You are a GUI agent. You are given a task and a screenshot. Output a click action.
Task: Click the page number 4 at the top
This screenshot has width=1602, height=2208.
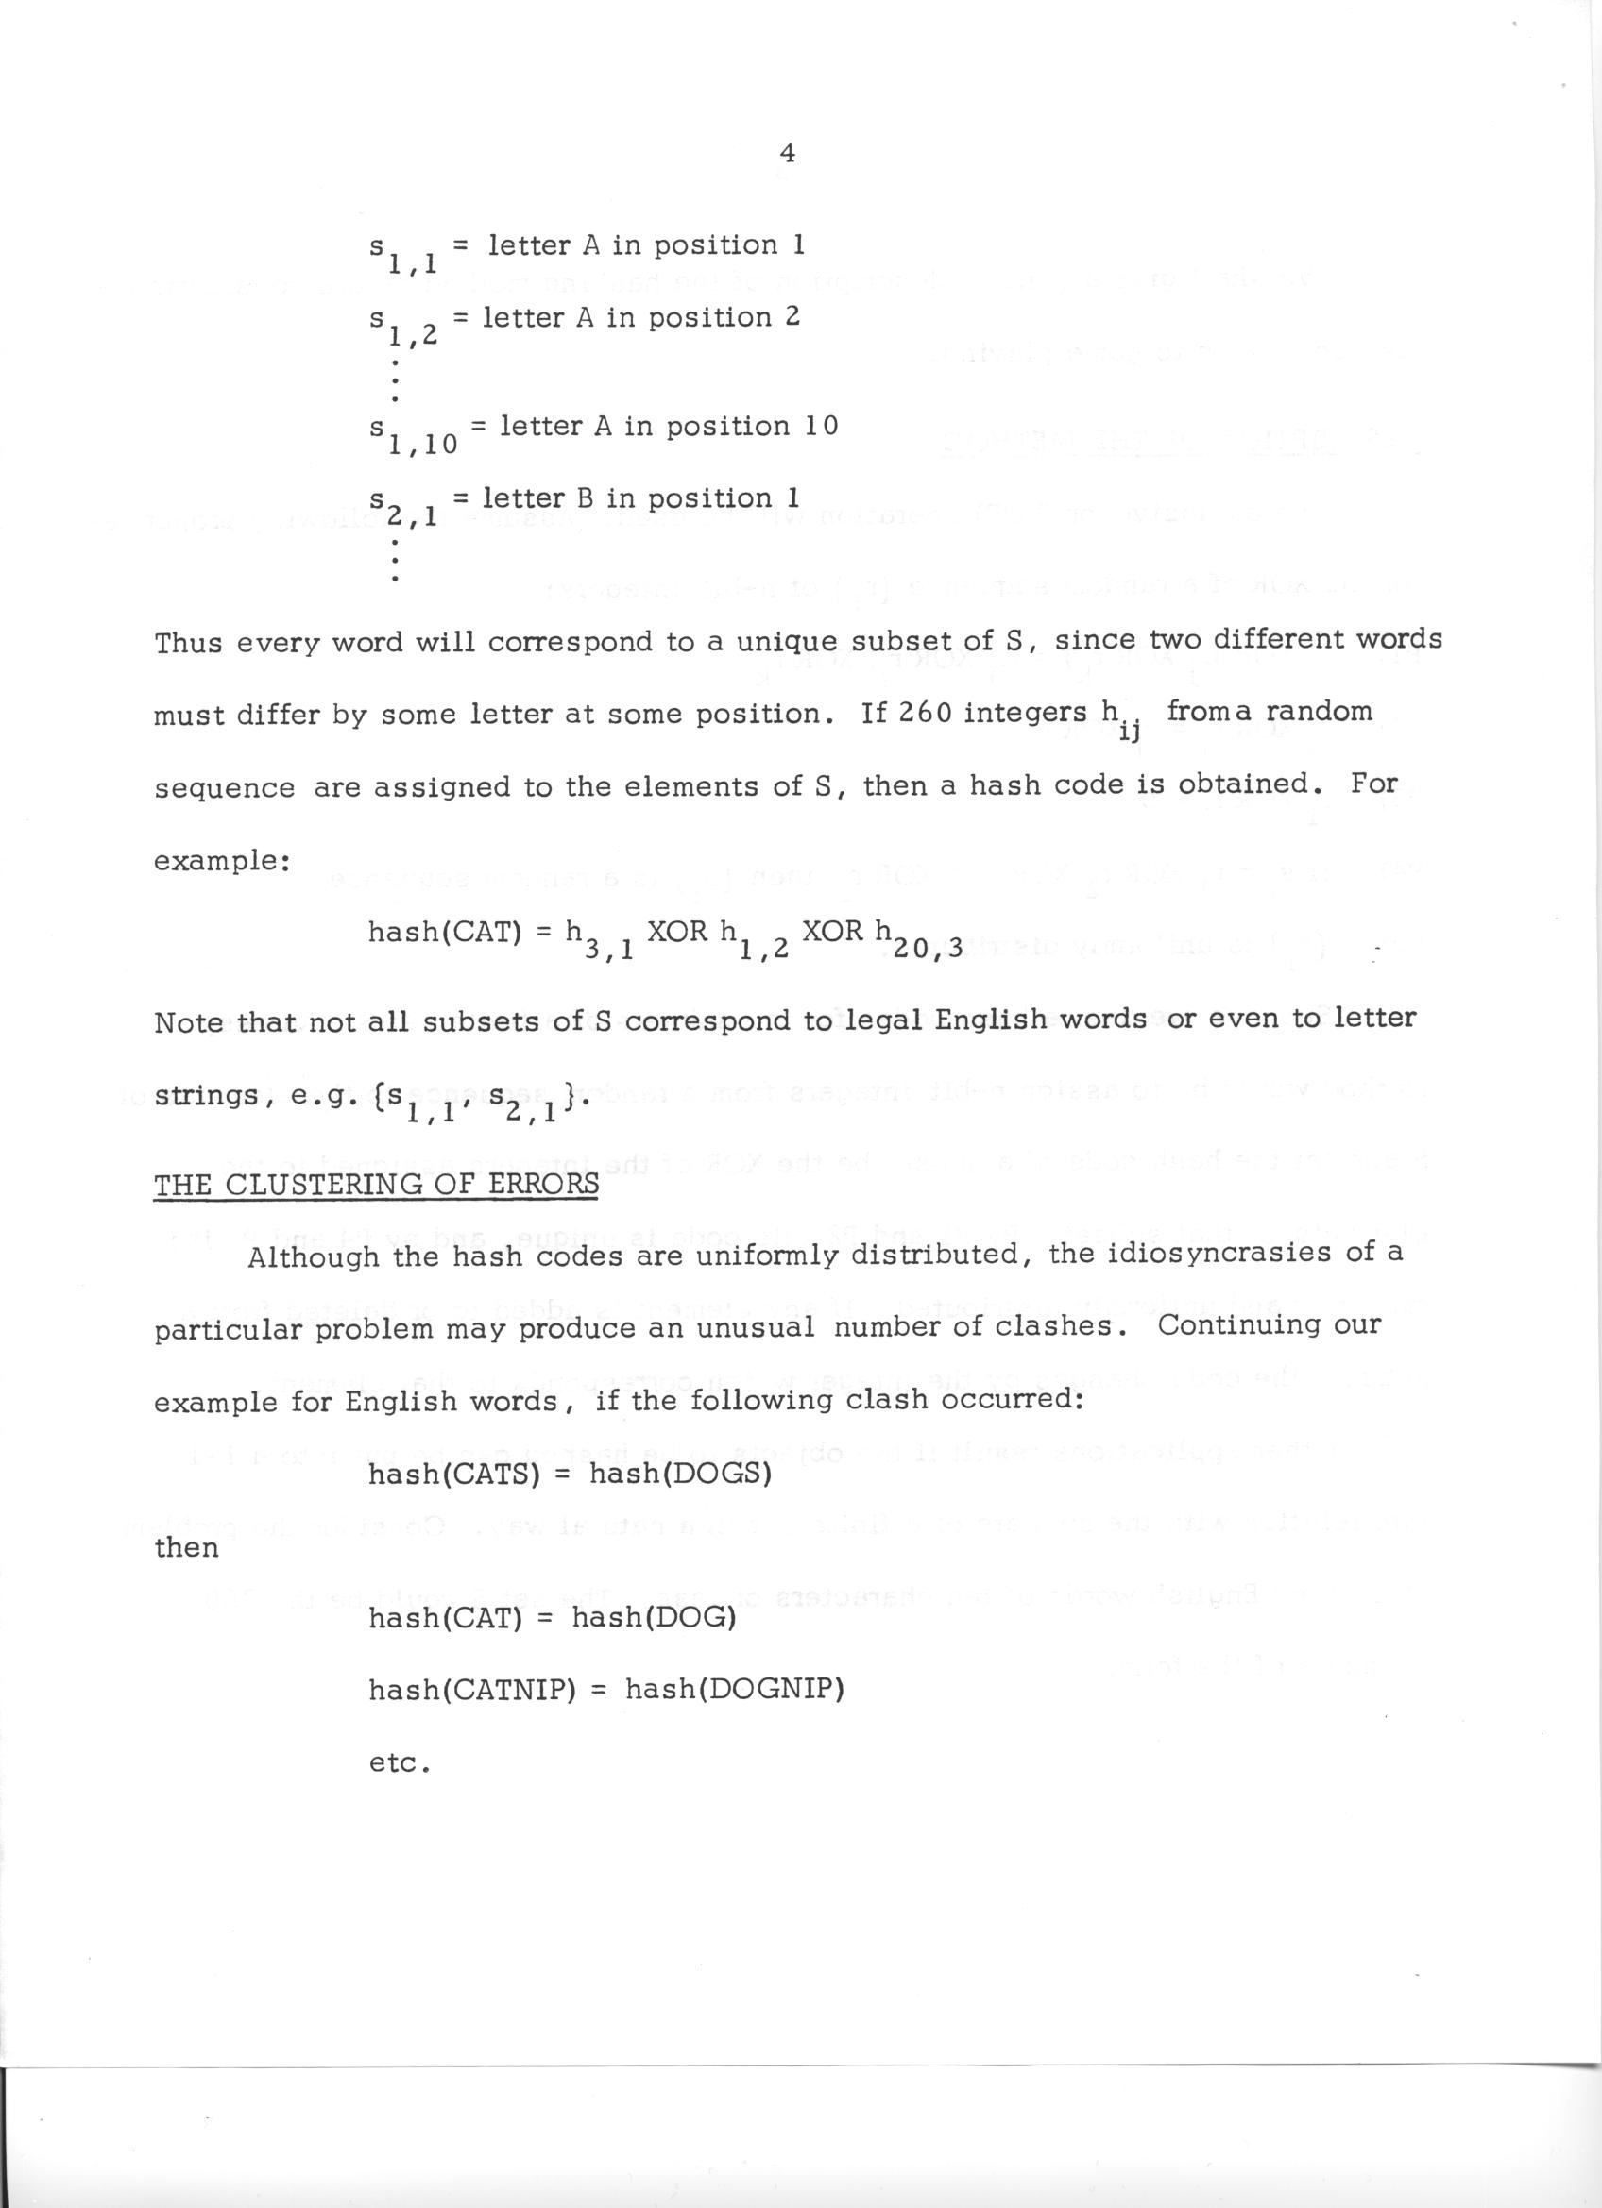(789, 153)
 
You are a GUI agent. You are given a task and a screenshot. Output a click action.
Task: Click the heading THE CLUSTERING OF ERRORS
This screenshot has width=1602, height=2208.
(376, 1184)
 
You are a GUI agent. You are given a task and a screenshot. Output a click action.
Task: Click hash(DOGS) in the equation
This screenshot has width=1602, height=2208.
(681, 1475)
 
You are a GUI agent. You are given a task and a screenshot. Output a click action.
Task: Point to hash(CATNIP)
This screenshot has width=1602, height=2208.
(468, 1690)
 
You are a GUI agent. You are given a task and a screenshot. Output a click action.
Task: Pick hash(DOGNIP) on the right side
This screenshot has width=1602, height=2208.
(734, 1690)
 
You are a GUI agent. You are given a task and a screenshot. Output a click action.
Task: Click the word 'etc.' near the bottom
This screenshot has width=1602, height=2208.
(399, 1762)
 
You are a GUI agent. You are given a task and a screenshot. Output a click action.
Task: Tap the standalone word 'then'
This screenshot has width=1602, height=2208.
(186, 1548)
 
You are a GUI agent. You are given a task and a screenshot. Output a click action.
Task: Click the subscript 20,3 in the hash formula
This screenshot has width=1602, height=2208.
(932, 947)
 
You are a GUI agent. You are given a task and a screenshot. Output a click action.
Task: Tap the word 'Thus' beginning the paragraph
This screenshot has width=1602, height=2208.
(189, 644)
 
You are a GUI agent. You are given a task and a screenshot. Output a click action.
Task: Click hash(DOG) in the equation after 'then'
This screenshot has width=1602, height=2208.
(653, 1618)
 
